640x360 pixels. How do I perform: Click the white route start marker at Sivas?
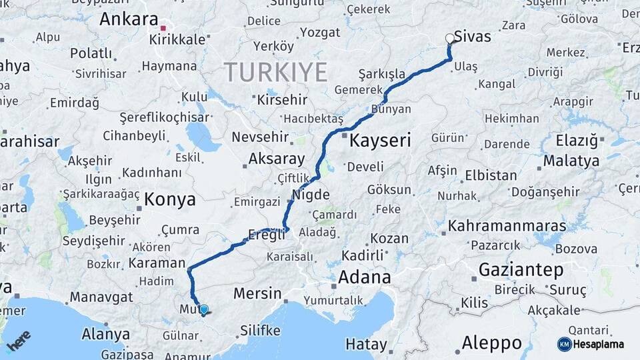pos(449,39)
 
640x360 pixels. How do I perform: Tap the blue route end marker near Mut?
pos(204,309)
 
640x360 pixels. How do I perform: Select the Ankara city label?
pos(129,19)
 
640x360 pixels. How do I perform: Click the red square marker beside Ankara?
pos(163,28)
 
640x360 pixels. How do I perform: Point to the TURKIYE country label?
pos(275,71)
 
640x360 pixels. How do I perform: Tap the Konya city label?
pos(170,199)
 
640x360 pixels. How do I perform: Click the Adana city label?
pos(364,277)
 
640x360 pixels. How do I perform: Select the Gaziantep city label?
pos(521,270)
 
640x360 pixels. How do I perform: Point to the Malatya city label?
pos(571,161)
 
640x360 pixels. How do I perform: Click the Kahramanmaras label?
pos(507,226)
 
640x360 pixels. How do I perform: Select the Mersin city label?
pos(257,293)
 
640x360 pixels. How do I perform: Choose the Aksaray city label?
pos(276,159)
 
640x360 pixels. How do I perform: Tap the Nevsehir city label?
pos(260,137)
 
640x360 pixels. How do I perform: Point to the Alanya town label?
pos(105,334)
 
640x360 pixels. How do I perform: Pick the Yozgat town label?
pos(320,33)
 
